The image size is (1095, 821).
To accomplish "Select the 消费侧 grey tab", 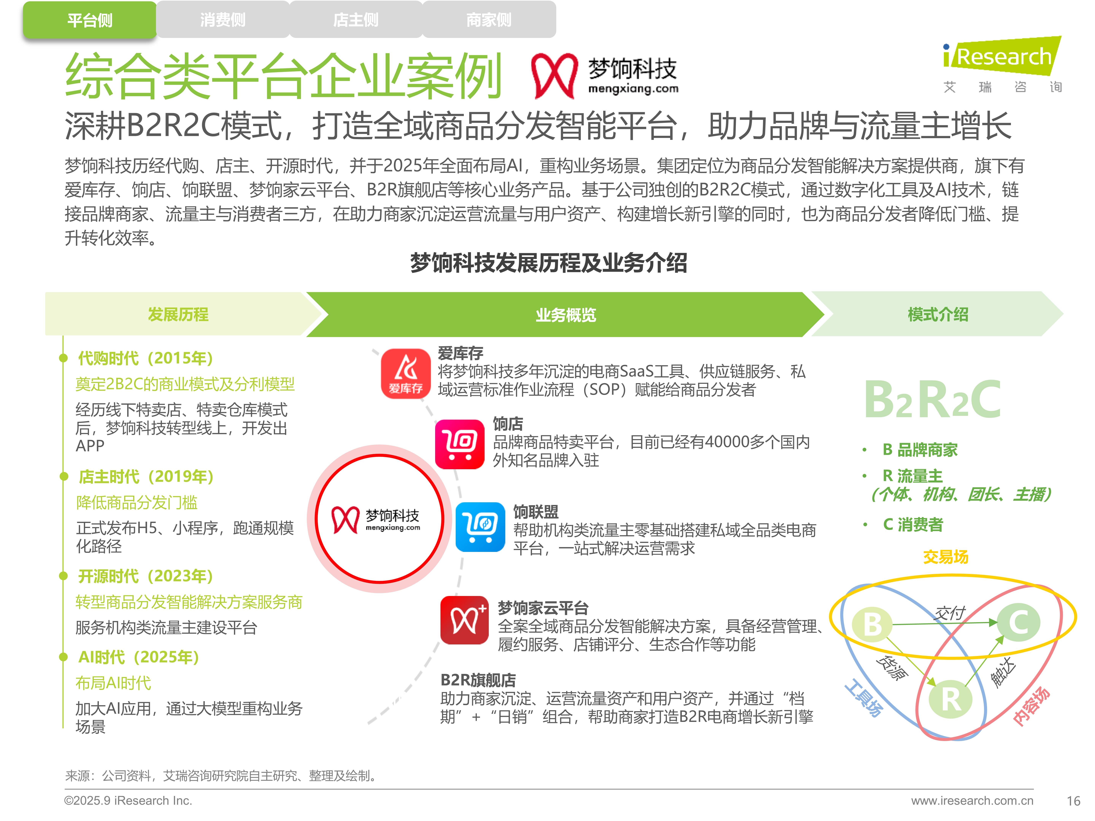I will point(223,20).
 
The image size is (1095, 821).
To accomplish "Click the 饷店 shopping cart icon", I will point(459,444).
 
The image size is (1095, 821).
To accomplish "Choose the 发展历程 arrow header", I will point(178,314).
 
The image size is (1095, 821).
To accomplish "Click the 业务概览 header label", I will point(566,315).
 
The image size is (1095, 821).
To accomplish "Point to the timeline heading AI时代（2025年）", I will point(139,657).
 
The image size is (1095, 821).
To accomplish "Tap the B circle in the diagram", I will point(872,624).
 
